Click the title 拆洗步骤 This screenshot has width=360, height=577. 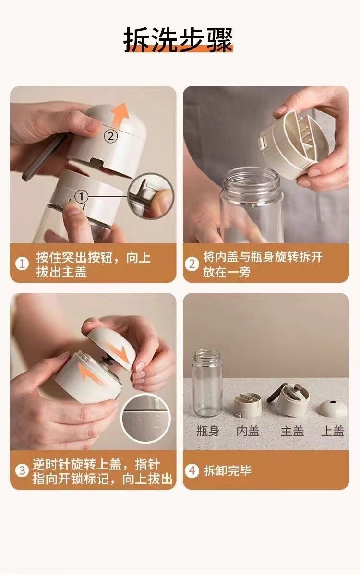178,40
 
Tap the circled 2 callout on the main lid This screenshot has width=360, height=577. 111,136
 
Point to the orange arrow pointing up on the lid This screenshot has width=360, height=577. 120,114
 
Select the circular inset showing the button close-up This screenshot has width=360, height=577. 151,196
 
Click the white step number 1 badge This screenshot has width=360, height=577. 22,264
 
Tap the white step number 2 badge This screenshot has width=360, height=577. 192,264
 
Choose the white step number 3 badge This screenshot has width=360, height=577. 22,470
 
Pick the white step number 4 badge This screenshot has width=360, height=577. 192,470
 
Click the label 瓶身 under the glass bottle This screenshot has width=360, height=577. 208,431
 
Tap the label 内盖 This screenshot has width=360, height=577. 248,431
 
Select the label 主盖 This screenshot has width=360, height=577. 292,431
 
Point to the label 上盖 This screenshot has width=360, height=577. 333,431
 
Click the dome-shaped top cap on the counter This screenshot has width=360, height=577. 333,408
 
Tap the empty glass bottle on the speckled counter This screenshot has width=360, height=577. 207,383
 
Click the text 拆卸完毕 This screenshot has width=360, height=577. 228,471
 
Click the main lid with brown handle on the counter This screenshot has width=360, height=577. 289,399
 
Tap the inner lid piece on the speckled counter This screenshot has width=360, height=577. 248,405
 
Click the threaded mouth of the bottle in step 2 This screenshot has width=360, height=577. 252,180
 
